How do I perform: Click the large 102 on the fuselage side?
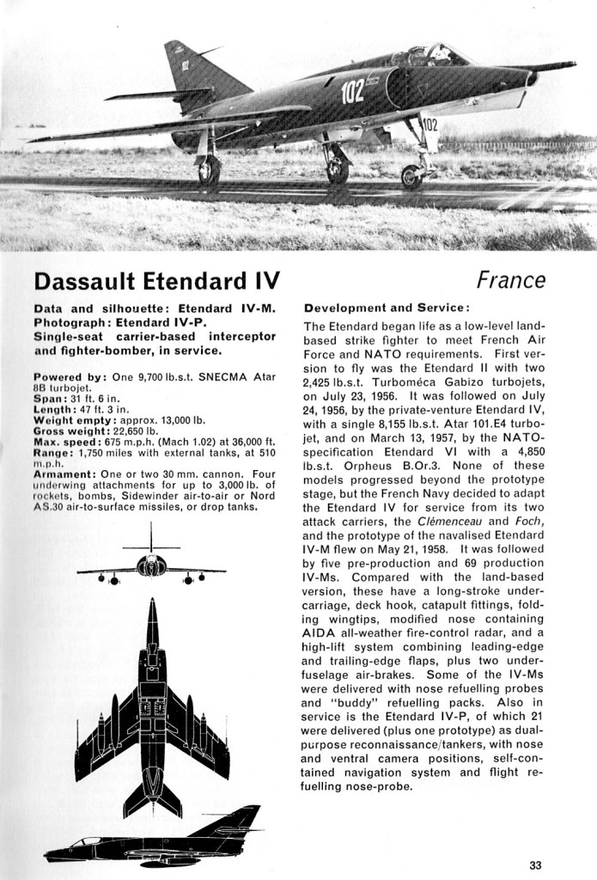[x=354, y=92]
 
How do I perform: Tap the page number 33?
[x=536, y=865]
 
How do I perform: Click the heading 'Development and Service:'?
[x=386, y=307]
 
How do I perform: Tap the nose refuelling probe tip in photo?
[x=570, y=64]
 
